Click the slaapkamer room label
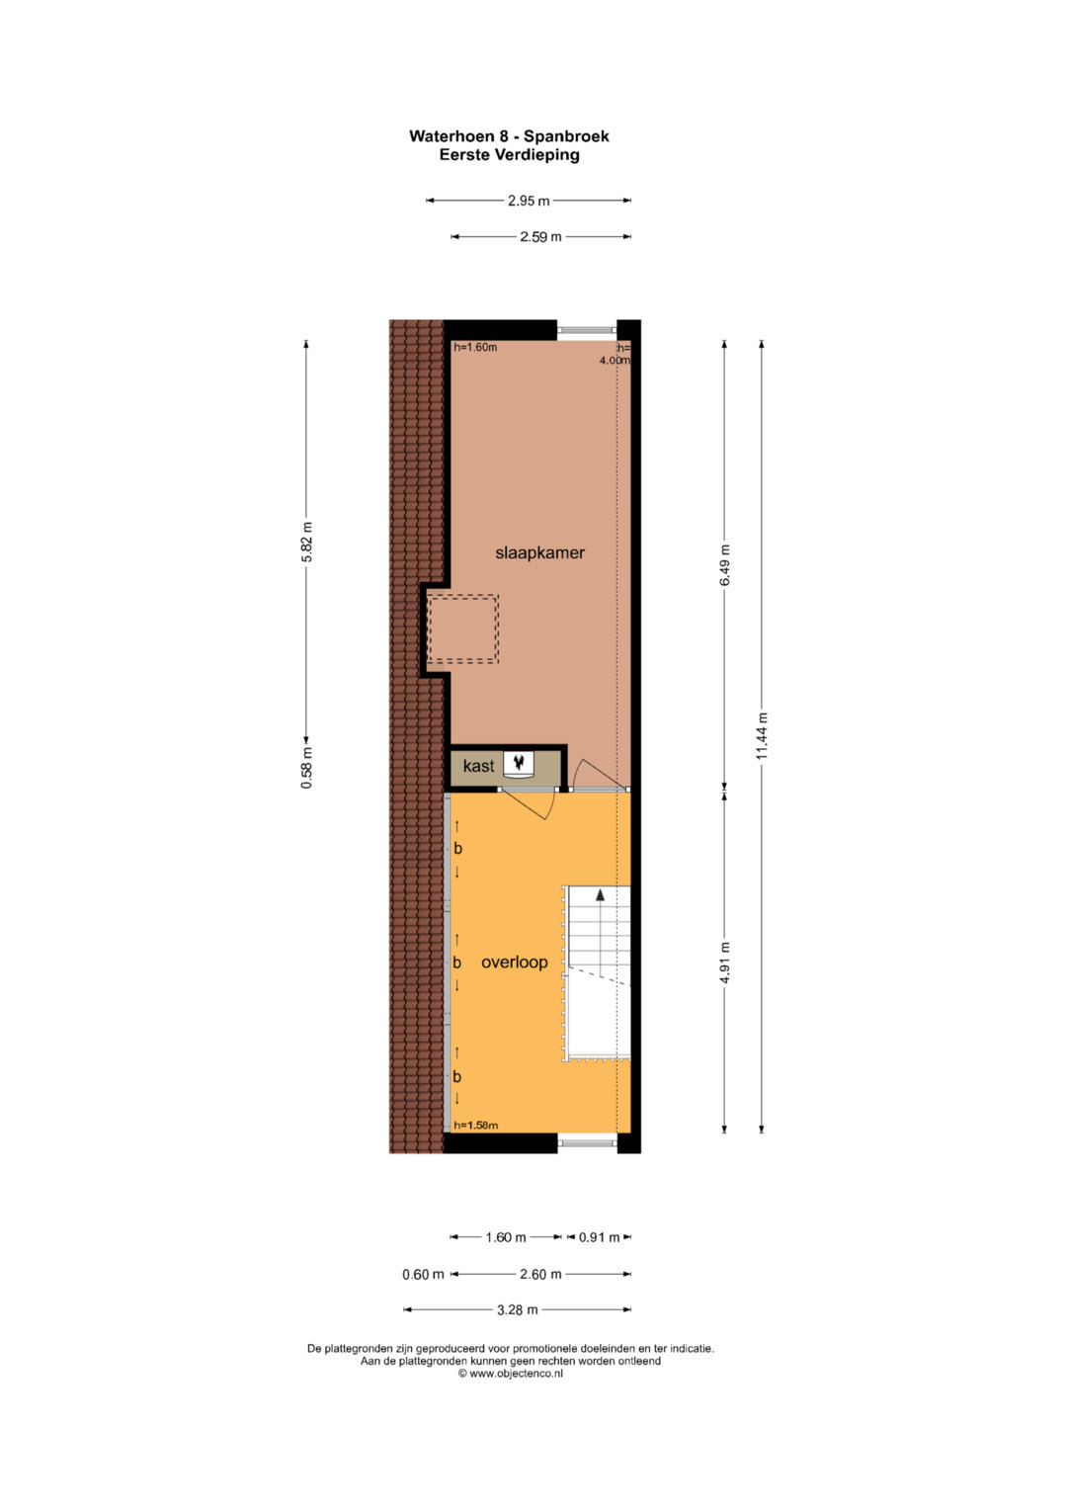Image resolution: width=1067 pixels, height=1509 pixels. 539,553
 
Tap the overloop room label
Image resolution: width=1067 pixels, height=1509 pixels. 514,962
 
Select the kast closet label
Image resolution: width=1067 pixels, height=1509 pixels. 478,766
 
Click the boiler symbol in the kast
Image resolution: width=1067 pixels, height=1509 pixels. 519,763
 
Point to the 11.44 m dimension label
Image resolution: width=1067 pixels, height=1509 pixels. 761,735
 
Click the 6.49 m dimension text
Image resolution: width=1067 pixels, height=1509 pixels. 725,564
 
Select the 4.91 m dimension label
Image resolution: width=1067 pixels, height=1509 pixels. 725,963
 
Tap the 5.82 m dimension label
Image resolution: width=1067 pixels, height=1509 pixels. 306,541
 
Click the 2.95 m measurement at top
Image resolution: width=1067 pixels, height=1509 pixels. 529,201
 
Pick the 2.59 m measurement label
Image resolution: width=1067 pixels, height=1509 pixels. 540,237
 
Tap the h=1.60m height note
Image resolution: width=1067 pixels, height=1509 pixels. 475,348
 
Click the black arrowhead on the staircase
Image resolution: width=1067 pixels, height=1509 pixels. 600,894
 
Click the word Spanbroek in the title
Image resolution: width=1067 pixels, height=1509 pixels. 566,136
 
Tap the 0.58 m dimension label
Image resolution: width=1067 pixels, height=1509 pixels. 306,768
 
